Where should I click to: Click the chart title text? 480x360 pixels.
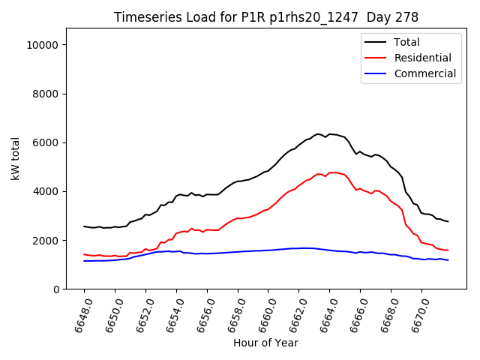pyautogui.click(x=266, y=17)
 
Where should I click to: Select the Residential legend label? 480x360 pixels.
pyautogui.click(x=422, y=58)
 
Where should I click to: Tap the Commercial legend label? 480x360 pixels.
pyautogui.click(x=424, y=73)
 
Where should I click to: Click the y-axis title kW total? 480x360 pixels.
pyautogui.click(x=15, y=159)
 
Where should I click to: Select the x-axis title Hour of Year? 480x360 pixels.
pyautogui.click(x=265, y=343)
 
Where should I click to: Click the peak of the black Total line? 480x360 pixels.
pyautogui.click(x=318, y=134)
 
